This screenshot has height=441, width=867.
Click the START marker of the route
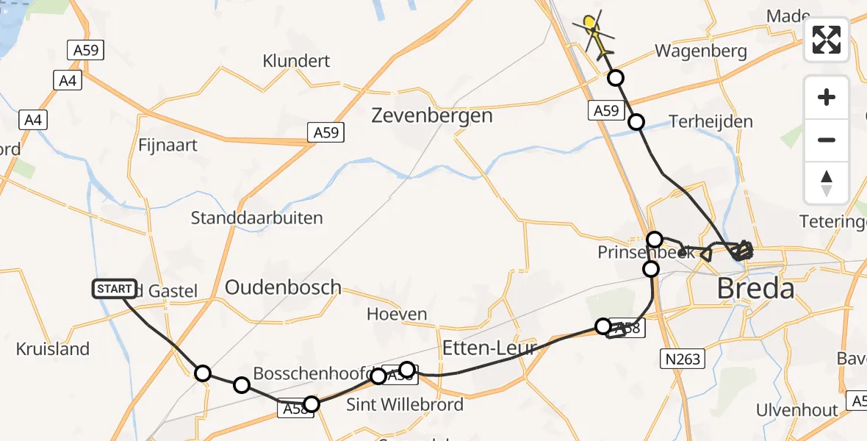point(115,289)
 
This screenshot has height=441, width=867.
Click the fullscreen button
point(827,40)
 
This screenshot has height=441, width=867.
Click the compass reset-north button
point(827,182)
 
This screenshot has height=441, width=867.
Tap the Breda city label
point(756,289)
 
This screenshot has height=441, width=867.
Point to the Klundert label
point(296,61)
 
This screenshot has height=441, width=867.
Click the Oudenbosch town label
point(283,287)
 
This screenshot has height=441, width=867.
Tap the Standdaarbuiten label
point(256,218)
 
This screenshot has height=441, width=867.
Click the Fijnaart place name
point(168,145)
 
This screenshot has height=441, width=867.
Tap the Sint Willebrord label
point(405,404)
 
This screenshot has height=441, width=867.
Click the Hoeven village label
point(397,315)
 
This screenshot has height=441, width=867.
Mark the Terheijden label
point(711,122)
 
